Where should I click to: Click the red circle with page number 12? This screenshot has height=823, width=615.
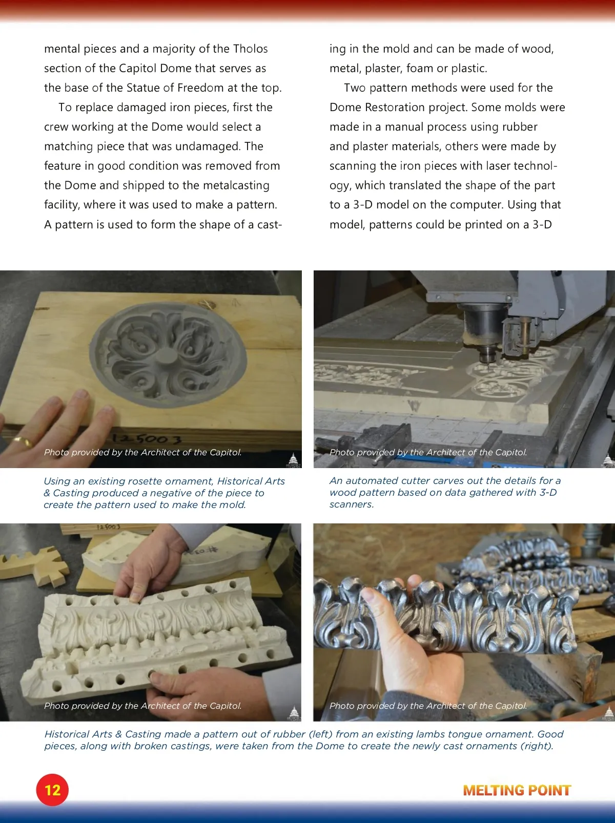(x=52, y=790)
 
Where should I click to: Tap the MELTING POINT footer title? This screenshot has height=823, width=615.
(x=517, y=790)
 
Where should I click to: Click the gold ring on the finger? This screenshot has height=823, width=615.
(x=23, y=441)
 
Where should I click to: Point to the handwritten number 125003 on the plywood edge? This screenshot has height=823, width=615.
(x=147, y=438)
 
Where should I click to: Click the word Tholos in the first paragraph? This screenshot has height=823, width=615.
(x=250, y=49)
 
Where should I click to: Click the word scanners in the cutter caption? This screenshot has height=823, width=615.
(x=352, y=504)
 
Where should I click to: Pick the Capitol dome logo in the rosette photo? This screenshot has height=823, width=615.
(x=293, y=460)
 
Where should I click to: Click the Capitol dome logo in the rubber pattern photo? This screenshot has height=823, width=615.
(x=294, y=713)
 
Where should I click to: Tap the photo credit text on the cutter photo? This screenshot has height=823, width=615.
(x=428, y=452)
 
